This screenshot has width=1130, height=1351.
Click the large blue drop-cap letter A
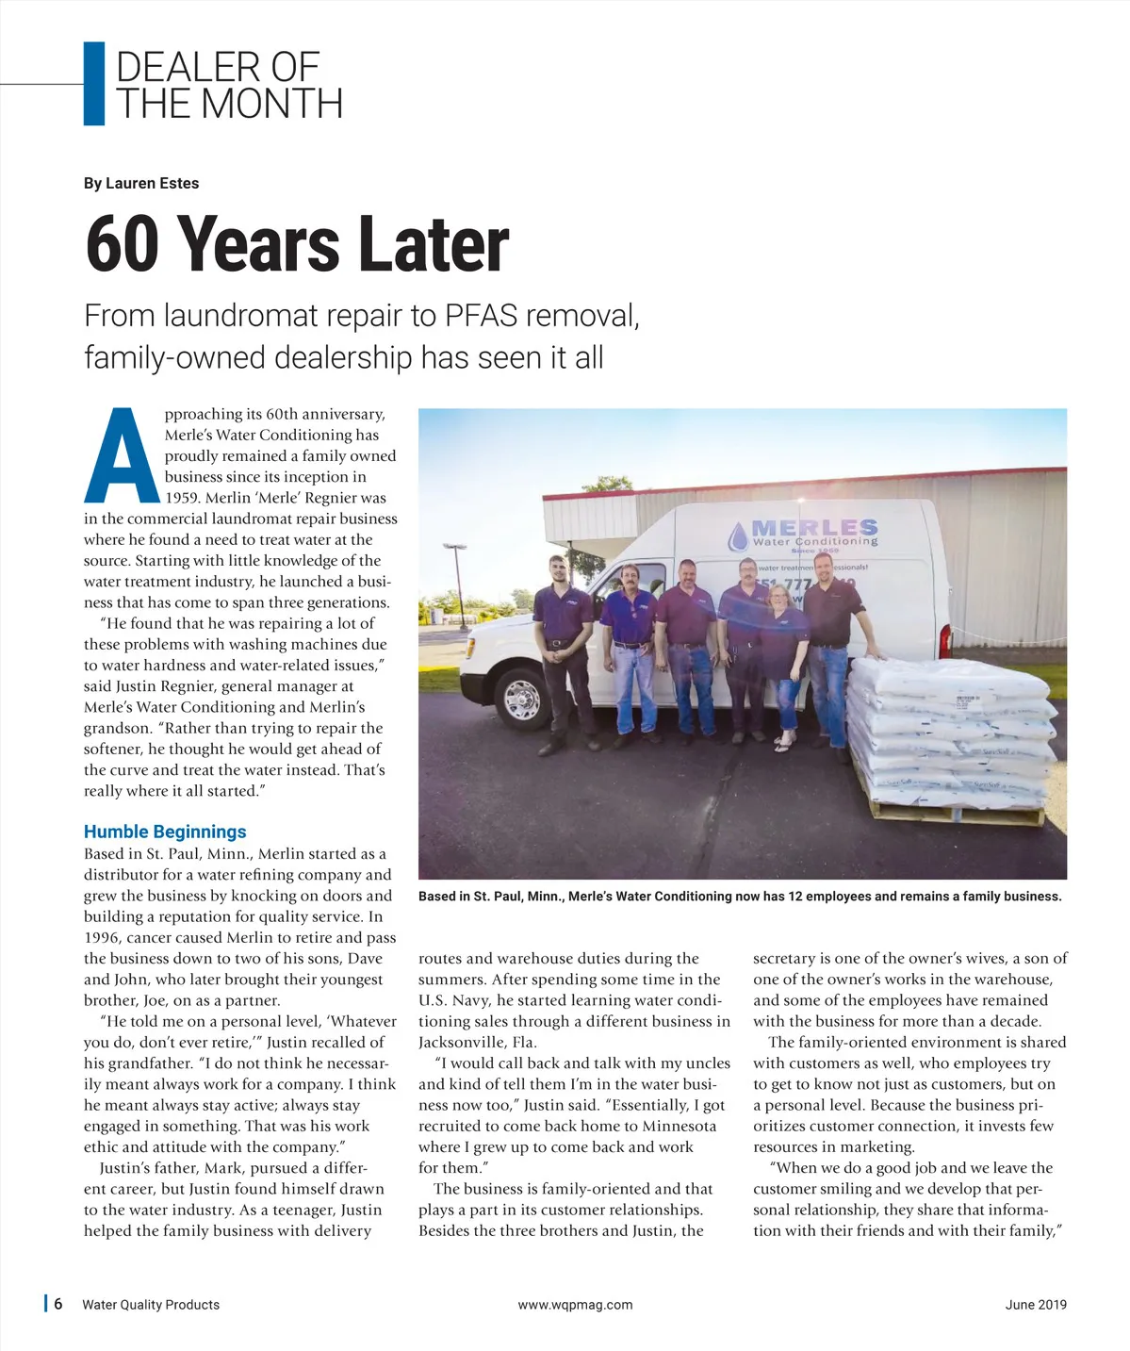click(122, 456)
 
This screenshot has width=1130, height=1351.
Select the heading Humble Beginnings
click(165, 832)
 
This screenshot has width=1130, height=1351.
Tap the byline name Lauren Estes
click(152, 183)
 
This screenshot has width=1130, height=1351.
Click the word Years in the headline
click(257, 244)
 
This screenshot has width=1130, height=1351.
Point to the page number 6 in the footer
click(58, 1304)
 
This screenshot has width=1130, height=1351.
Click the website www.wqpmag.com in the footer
click(575, 1305)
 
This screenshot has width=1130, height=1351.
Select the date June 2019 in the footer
click(1036, 1305)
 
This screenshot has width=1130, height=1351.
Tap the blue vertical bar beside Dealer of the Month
click(93, 83)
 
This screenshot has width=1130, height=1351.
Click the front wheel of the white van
click(520, 696)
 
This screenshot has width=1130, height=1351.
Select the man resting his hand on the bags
click(830, 651)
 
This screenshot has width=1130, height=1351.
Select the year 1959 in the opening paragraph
click(183, 498)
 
